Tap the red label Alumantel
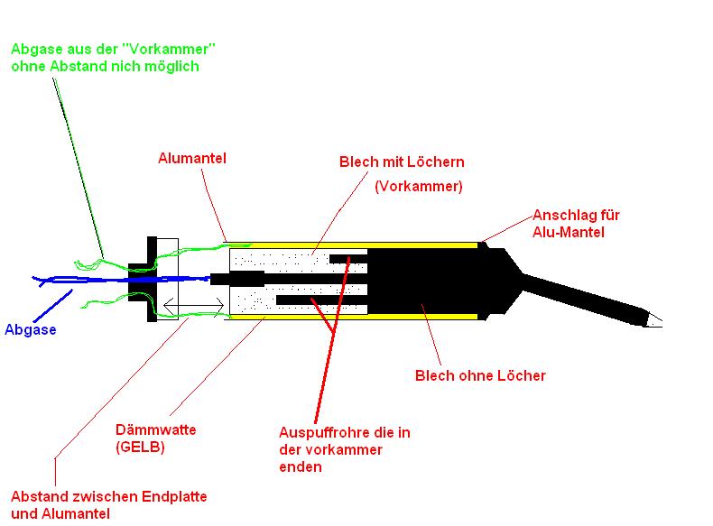192,158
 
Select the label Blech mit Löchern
402,162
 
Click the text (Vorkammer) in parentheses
418,187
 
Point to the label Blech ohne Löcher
479,375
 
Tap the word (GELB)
140,447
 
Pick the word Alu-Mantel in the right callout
567,232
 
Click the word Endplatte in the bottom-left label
176,497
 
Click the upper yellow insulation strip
352,244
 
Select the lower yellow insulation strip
352,316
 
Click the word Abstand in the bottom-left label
39,497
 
